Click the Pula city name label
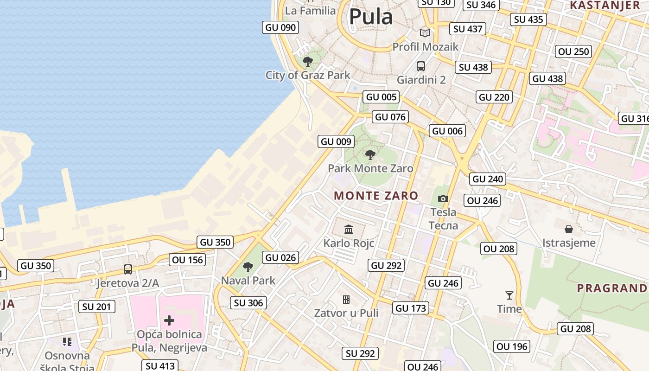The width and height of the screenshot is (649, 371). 371,17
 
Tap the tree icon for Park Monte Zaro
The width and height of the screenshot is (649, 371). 370,155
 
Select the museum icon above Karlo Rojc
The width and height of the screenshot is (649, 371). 349,229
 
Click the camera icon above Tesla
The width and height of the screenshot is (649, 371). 443,199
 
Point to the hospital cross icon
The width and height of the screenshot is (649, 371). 169,320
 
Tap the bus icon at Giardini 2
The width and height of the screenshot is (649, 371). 421,66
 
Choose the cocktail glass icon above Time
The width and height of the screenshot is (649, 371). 509,295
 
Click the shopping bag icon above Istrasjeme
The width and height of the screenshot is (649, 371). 569,229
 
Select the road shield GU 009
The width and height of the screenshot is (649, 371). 337,141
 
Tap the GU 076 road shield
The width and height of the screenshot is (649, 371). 390,117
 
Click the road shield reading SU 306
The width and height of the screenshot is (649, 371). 248,303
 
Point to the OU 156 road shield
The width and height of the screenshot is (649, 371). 188,260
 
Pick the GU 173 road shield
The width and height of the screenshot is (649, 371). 411,308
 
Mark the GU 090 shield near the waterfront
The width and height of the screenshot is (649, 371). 280,27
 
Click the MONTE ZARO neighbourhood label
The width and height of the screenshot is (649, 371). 376,196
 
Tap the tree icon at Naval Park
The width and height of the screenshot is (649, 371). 248,267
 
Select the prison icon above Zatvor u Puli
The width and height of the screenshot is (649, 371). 346,300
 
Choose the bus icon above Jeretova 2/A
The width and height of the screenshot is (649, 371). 127,269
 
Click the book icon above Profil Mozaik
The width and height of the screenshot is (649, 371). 425,33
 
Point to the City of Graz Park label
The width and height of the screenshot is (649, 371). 308,75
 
